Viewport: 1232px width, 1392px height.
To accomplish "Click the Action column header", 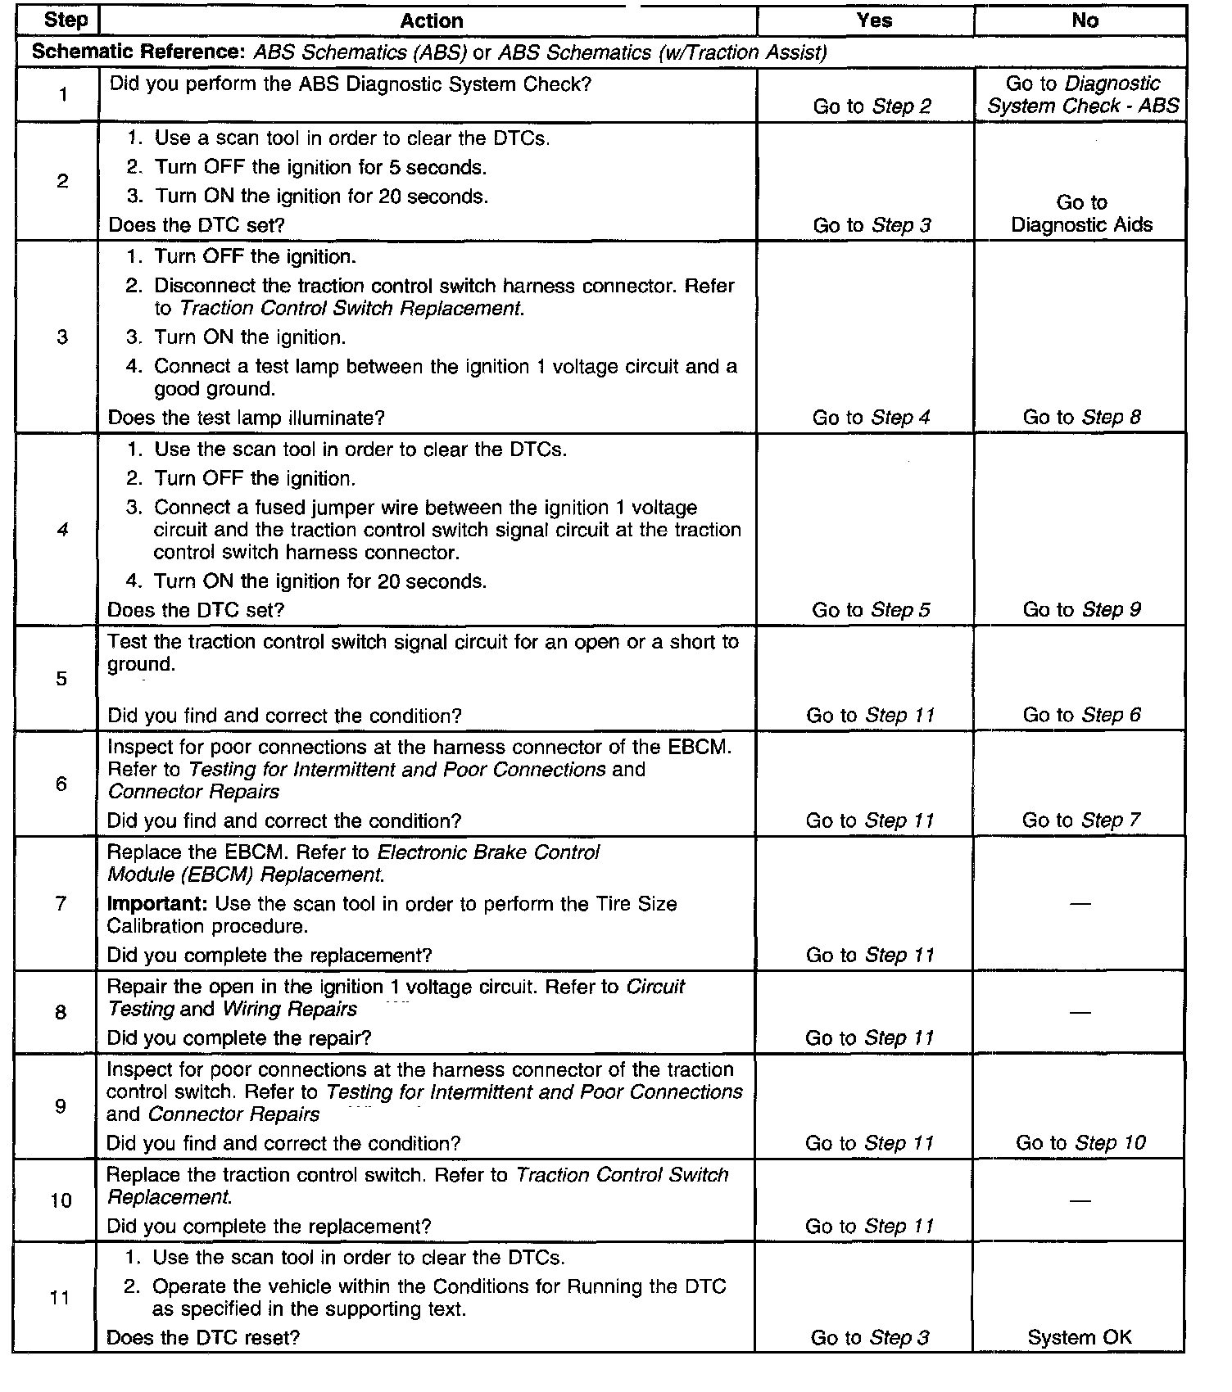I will pos(432,21).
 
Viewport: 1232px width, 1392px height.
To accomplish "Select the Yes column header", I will pos(873,21).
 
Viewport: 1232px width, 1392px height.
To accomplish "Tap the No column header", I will pos(1085,21).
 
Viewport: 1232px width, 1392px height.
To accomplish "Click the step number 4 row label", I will pos(62,530).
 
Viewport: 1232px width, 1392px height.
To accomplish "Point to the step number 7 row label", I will pos(61,903).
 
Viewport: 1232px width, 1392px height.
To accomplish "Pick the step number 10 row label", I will pos(61,1200).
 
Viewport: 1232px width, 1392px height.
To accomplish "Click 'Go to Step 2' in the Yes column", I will pos(872,106).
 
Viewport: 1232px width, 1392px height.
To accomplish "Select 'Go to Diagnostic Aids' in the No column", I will pos(1081,214).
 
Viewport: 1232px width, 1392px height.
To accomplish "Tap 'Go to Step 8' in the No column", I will pos(1081,418).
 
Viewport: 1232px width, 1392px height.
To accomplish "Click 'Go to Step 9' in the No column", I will pos(1081,610).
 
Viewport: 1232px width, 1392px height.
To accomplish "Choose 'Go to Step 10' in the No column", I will pos(1080,1143).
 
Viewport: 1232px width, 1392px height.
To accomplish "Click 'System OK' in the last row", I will pos(1080,1338).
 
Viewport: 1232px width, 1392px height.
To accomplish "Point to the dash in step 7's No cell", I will pos(1080,904).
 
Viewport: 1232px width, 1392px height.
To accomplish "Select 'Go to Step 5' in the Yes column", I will pos(871,610).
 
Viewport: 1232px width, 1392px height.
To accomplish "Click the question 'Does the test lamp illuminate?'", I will pos(246,418).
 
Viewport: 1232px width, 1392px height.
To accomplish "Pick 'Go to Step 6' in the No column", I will pos(1081,716).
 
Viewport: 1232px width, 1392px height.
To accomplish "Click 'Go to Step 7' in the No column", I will pos(1081,820).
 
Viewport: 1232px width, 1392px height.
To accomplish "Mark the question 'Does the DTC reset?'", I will pos(203,1338).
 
